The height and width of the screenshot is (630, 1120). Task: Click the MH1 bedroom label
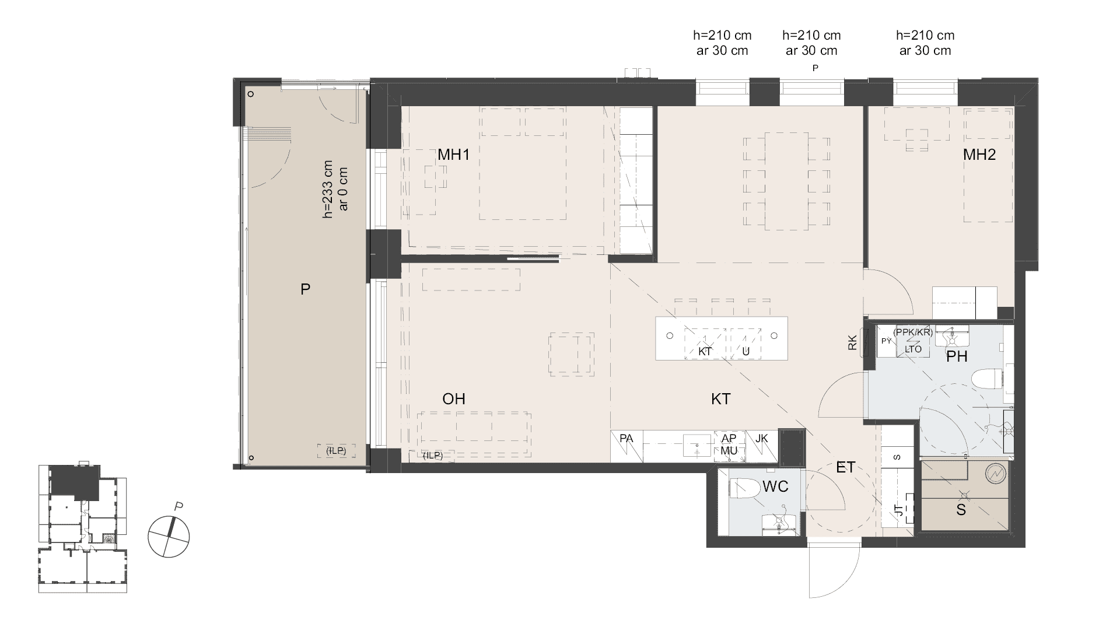[454, 155]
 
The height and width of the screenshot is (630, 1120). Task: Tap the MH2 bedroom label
[979, 155]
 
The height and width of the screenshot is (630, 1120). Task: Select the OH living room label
[454, 399]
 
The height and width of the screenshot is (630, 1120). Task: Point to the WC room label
[775, 487]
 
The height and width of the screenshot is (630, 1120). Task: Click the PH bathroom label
[957, 356]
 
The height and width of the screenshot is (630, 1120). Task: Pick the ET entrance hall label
[845, 467]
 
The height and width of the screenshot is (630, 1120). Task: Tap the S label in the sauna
[961, 510]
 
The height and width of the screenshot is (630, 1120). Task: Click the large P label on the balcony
[305, 289]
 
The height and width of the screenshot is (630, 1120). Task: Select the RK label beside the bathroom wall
[852, 342]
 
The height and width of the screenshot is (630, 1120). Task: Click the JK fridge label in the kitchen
[762, 438]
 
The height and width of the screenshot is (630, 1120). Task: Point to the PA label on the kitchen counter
[626, 438]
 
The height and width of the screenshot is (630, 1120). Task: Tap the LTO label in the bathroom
[913, 349]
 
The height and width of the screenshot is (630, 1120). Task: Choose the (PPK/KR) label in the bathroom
[913, 332]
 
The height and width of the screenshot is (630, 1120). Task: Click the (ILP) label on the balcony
[332, 450]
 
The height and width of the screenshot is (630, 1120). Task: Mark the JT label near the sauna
[899, 510]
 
